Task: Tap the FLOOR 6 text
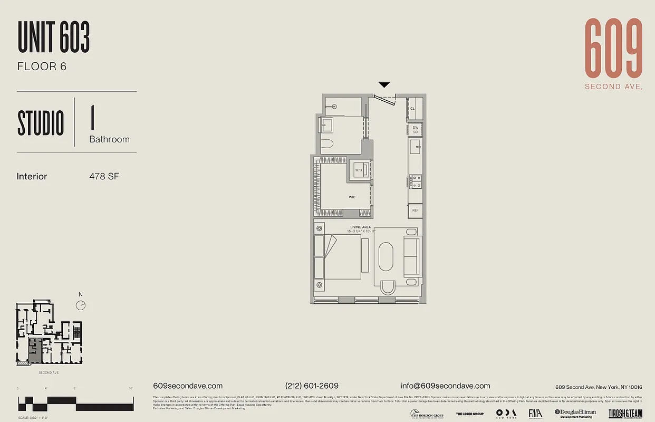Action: (42, 66)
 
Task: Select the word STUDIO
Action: (41, 123)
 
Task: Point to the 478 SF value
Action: (104, 176)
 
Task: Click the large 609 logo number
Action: (613, 49)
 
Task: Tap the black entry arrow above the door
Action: (384, 85)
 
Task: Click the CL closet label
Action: (412, 109)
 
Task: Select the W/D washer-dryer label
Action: (359, 170)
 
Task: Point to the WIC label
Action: (352, 197)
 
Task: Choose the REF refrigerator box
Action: (415, 210)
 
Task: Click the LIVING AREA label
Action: (361, 227)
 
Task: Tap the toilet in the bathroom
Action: (328, 143)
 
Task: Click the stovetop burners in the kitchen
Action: (416, 181)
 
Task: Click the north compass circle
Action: (81, 305)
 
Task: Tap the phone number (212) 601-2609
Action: (312, 386)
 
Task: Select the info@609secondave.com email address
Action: (445, 386)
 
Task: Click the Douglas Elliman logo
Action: (575, 414)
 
